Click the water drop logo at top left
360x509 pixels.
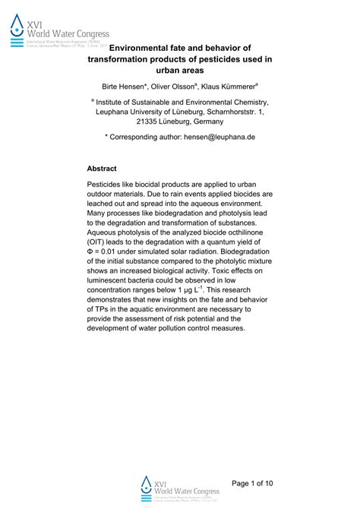point(17,27)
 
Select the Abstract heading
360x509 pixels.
point(102,169)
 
